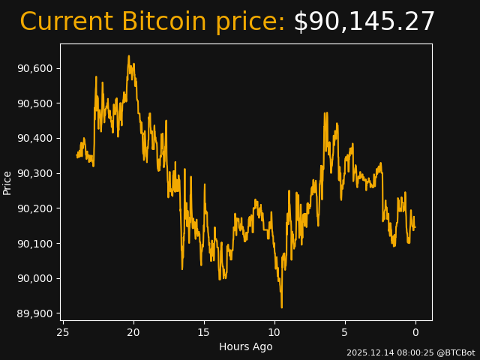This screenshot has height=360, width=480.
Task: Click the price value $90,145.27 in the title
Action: pyautogui.click(x=364, y=22)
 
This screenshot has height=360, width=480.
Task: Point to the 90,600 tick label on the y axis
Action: pyautogui.click(x=34, y=68)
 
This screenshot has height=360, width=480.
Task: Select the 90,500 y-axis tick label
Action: pyautogui.click(x=34, y=103)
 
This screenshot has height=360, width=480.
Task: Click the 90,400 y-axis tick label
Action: pyautogui.click(x=34, y=138)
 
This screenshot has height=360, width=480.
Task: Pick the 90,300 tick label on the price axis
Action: pyautogui.click(x=34, y=173)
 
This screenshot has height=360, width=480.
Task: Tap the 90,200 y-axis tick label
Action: pyautogui.click(x=34, y=208)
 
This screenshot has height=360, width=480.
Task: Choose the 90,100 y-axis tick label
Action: pyautogui.click(x=34, y=243)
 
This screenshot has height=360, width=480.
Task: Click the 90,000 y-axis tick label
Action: pyautogui.click(x=34, y=278)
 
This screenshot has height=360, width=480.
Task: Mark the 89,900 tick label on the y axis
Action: pyautogui.click(x=34, y=313)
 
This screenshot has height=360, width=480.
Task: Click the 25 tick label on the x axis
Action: pyautogui.click(x=63, y=332)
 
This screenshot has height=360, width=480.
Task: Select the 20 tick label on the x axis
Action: pyautogui.click(x=133, y=332)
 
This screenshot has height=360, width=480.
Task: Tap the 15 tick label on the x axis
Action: pyautogui.click(x=204, y=332)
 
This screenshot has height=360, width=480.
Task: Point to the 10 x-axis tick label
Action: pyautogui.click(x=274, y=332)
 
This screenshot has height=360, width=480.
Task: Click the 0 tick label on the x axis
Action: pyautogui.click(x=415, y=332)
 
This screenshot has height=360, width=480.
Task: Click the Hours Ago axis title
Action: pyautogui.click(x=246, y=346)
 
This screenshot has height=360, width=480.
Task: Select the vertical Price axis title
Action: pyautogui.click(x=7, y=182)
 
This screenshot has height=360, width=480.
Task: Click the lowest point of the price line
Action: pyautogui.click(x=282, y=307)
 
